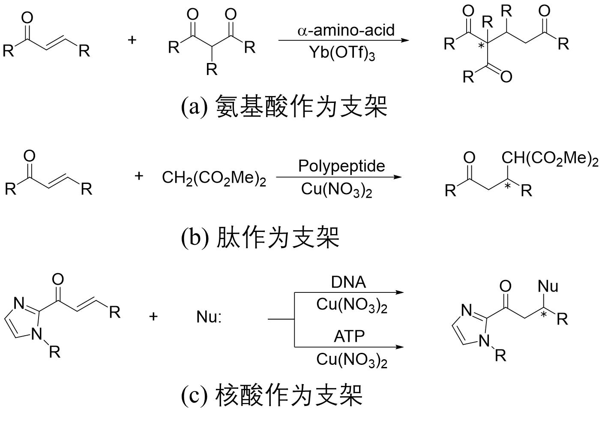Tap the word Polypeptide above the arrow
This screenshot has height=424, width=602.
click(341, 166)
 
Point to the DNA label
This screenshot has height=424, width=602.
click(348, 282)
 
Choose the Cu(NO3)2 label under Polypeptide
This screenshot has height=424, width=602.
click(336, 189)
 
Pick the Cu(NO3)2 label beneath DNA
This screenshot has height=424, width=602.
click(351, 305)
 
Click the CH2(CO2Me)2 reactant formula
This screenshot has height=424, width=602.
click(214, 178)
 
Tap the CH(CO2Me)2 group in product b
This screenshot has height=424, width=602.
click(550, 159)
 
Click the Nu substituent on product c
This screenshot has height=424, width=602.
click(548, 286)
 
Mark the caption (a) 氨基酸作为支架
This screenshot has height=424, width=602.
click(284, 106)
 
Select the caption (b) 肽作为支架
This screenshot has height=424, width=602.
click(260, 237)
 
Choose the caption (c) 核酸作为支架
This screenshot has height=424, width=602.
click(272, 395)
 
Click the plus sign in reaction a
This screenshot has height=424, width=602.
click(132, 40)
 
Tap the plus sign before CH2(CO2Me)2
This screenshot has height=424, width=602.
click(138, 176)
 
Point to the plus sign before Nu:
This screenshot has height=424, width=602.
click(153, 317)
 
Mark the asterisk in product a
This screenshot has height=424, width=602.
click(481, 46)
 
